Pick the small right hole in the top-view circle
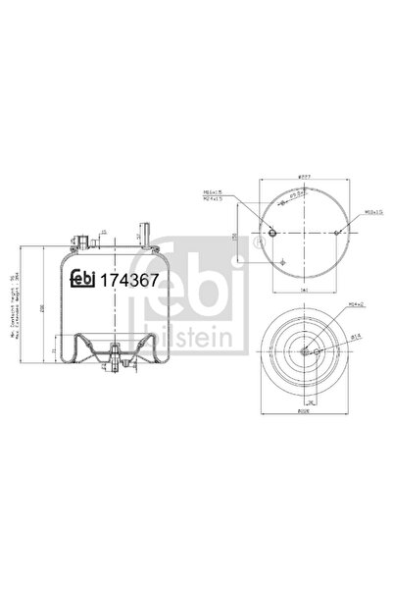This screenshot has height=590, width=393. pos(337,233)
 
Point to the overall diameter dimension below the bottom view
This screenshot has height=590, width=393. pos(303,414)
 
